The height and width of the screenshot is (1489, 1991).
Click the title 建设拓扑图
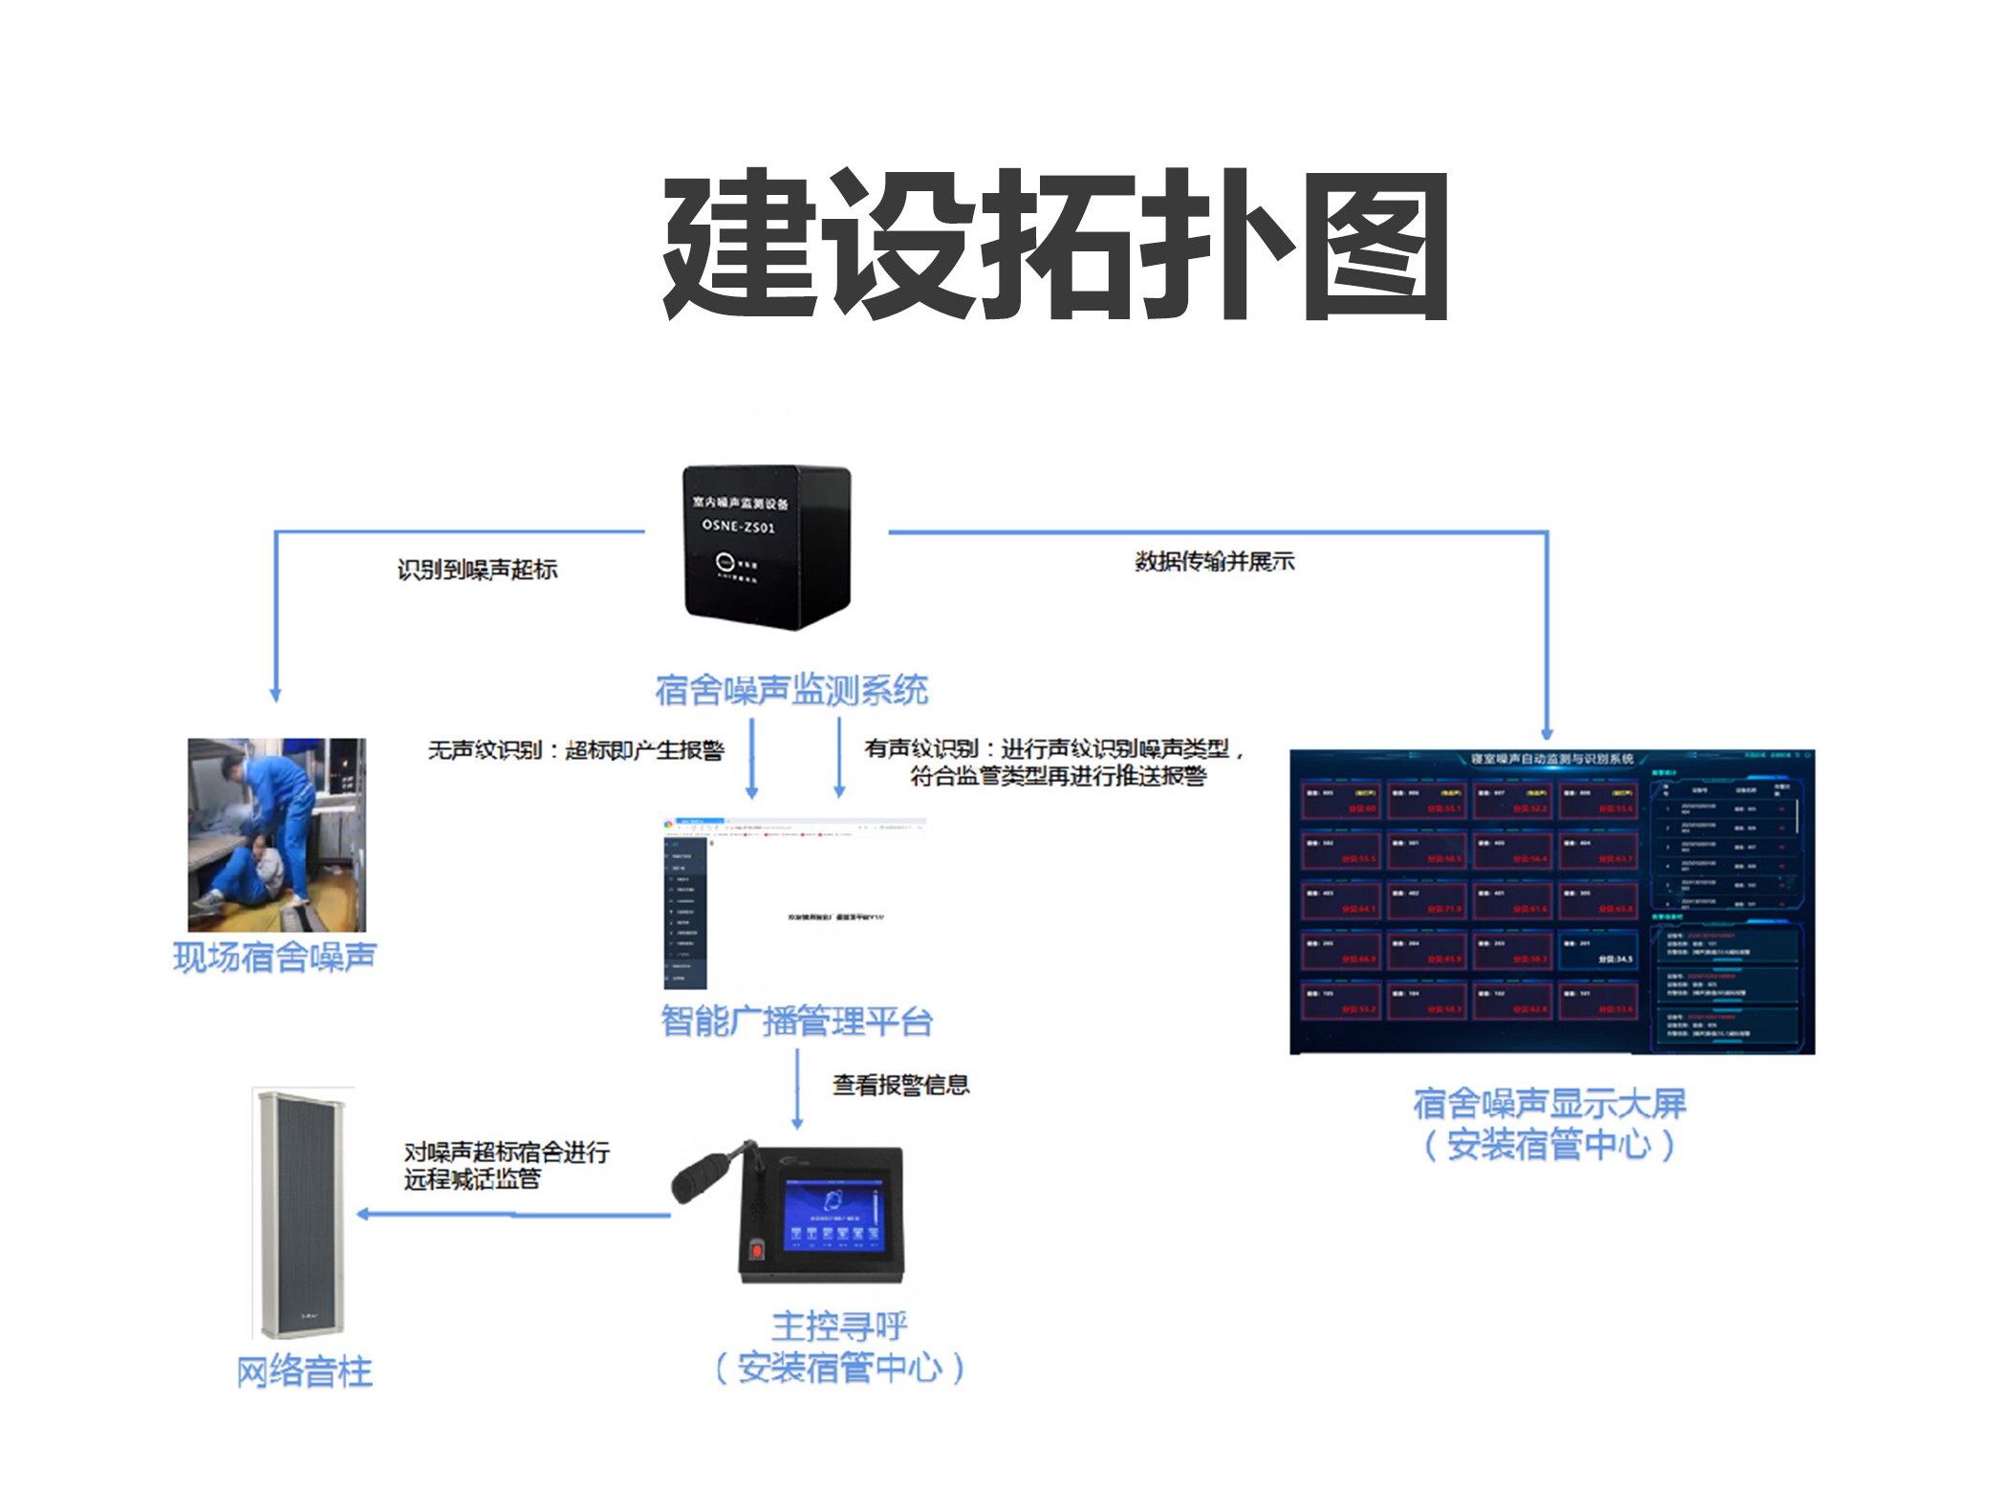point(1055,246)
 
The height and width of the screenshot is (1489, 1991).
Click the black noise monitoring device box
point(766,546)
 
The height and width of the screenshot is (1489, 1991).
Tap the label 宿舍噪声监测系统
point(791,689)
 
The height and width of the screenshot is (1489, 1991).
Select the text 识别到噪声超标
point(477,570)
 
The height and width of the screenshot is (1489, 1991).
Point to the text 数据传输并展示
point(1214,561)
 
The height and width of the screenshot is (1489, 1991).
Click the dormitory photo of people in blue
point(276,833)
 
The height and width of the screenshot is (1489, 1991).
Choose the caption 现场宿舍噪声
point(275,957)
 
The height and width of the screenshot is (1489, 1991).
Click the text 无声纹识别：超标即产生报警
point(575,750)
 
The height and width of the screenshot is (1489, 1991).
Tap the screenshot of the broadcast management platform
point(794,902)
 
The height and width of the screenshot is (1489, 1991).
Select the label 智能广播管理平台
point(796,1021)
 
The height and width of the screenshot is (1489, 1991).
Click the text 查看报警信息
point(900,1085)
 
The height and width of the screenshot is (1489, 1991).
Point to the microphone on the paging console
point(703,1174)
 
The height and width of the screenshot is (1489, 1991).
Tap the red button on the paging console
point(757,1248)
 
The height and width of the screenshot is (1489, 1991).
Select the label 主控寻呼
point(839,1326)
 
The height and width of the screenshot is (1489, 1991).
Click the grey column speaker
point(303,1214)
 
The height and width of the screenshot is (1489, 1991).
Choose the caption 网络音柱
point(304,1371)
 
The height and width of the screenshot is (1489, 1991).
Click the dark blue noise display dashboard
point(1551,901)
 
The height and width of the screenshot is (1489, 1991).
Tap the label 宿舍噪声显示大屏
point(1549,1103)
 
